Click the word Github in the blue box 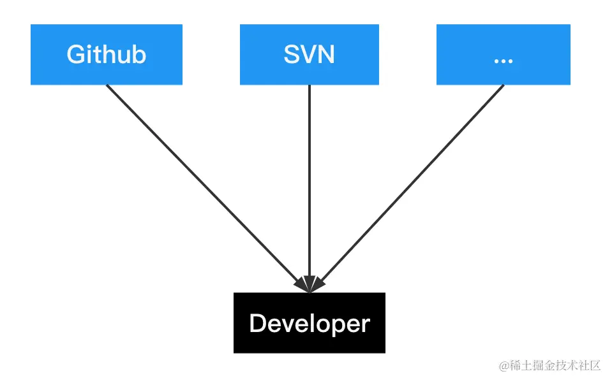[x=106, y=55]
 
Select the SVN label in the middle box [x=309, y=55]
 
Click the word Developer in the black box [x=310, y=324]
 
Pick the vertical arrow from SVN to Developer [x=310, y=185]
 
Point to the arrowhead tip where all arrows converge [x=310, y=291]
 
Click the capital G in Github [x=76, y=55]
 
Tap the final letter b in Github [x=139, y=55]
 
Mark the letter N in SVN [x=326, y=55]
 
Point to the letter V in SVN [x=308, y=55]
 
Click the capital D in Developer [x=257, y=324]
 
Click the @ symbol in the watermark [x=504, y=366]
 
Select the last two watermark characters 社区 [x=590, y=366]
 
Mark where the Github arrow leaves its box [x=107, y=85]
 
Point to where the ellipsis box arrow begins [x=504, y=85]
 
